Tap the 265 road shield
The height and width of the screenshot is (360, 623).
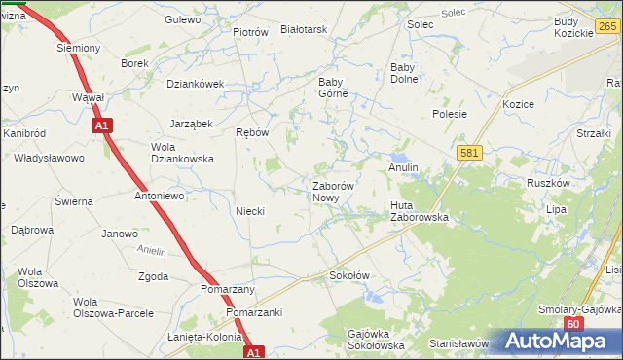608,27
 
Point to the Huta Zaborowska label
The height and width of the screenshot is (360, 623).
419,211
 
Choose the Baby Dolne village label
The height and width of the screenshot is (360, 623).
403,73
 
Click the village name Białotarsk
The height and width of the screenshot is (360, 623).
303,30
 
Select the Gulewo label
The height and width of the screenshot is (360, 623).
182,19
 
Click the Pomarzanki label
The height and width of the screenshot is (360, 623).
254,312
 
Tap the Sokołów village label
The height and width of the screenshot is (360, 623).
350,275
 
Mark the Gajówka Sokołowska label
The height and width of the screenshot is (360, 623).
375,340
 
